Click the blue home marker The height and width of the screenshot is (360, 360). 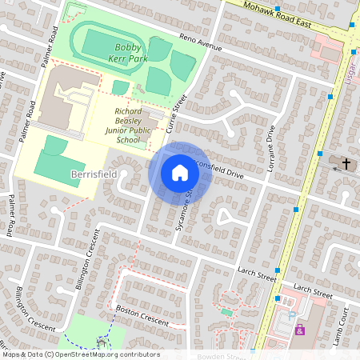click(x=180, y=172)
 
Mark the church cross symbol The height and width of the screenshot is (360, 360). click(x=346, y=163)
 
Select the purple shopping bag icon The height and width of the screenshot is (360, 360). click(x=300, y=330)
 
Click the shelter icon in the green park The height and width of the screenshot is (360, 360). click(x=101, y=343)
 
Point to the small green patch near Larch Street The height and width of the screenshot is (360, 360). click(x=227, y=311)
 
